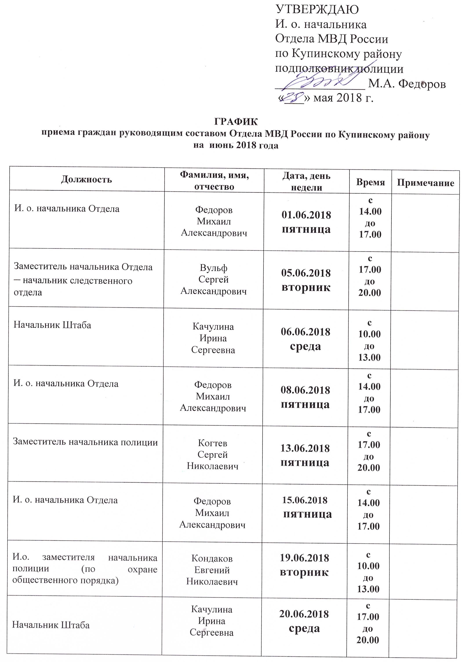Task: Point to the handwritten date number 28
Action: pyautogui.click(x=293, y=97)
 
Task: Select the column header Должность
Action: pyautogui.click(x=86, y=179)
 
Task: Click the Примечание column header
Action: pyautogui.click(x=425, y=183)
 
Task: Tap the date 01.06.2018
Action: pyautogui.click(x=306, y=215)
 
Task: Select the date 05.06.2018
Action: pyautogui.click(x=306, y=273)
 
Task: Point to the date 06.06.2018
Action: pyautogui.click(x=306, y=332)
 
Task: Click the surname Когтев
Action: pyautogui.click(x=213, y=443)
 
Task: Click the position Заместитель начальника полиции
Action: pyautogui.click(x=85, y=442)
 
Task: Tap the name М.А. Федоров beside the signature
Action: pyautogui.click(x=407, y=84)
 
